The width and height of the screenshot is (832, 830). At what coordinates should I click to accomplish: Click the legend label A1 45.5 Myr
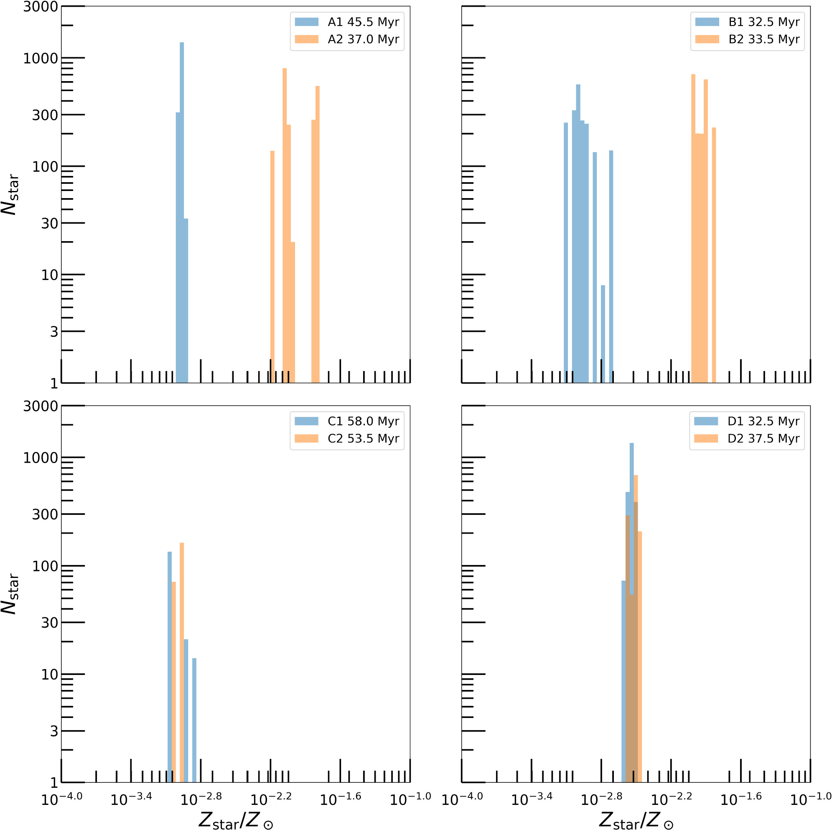click(364, 22)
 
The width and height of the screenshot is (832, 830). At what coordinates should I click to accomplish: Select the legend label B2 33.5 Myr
click(764, 39)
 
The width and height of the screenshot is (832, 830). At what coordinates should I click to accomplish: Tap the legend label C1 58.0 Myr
click(364, 421)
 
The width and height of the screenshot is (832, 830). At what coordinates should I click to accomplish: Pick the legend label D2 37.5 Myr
click(763, 438)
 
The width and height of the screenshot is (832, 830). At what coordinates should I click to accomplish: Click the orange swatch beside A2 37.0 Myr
click(306, 39)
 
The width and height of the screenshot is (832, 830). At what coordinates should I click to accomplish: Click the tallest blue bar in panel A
click(182, 211)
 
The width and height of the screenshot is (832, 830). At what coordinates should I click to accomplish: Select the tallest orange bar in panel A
click(285, 224)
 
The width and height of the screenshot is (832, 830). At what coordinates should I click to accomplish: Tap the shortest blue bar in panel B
click(603, 334)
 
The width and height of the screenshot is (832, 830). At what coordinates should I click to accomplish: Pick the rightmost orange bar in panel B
click(714, 254)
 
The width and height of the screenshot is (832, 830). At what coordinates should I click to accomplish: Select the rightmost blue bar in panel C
click(194, 720)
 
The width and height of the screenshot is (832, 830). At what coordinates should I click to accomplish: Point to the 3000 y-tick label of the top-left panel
click(41, 7)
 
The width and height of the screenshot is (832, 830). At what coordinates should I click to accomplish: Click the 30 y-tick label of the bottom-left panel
click(50, 622)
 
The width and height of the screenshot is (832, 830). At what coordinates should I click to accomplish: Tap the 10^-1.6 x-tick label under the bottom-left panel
click(340, 799)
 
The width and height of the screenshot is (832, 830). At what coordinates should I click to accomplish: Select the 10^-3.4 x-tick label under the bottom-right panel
click(532, 799)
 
